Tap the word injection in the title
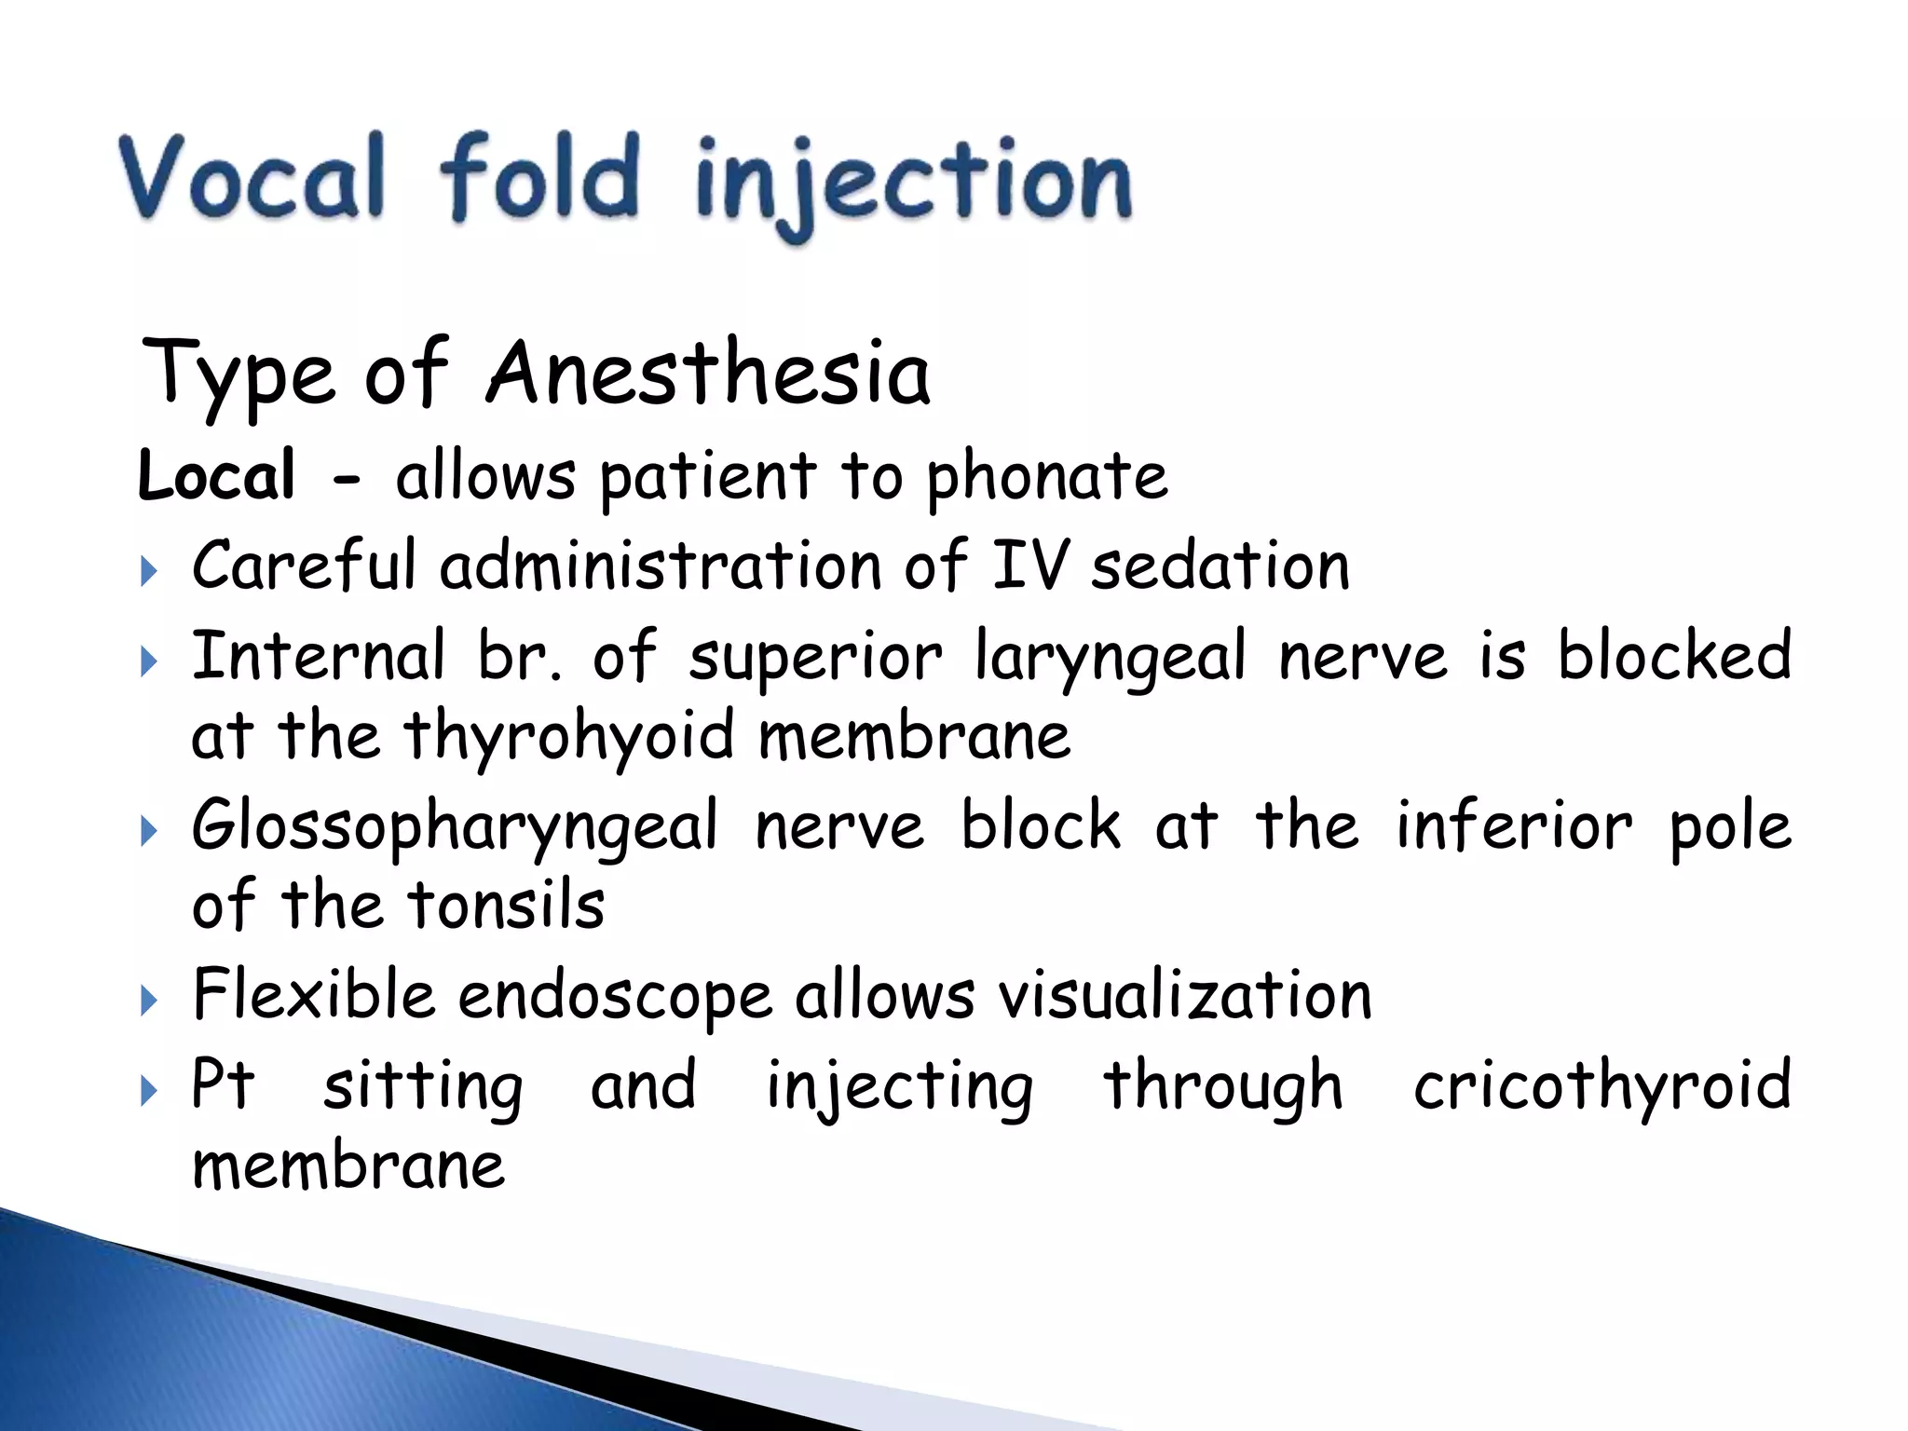(x=913, y=182)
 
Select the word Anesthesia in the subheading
(x=708, y=375)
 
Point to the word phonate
(x=1045, y=477)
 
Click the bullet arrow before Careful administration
(x=149, y=570)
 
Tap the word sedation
(x=1220, y=566)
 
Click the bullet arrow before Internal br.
(x=149, y=662)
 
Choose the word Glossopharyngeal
(x=455, y=827)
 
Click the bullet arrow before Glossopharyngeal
(x=149, y=831)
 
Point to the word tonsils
(x=507, y=906)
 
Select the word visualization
(x=1185, y=995)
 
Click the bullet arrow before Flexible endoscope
(x=149, y=1002)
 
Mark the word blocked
(x=1674, y=655)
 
